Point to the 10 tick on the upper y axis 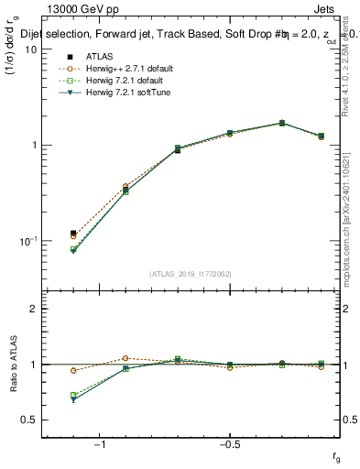point(30,49)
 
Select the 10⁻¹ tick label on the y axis point(27,240)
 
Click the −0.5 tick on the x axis point(229,444)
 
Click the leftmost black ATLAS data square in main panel point(73,234)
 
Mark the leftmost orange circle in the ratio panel point(73,370)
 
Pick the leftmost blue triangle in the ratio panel point(73,400)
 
